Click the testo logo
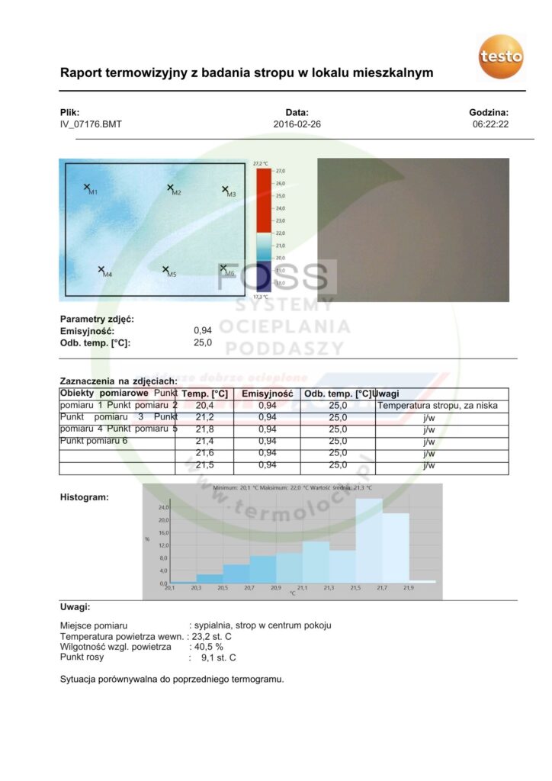(x=501, y=56)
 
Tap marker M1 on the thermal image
(x=88, y=188)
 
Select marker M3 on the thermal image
(x=226, y=190)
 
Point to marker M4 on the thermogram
(x=101, y=269)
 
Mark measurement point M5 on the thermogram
(x=166, y=269)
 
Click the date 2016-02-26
(x=297, y=124)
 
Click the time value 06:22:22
(x=490, y=124)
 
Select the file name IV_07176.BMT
(x=91, y=124)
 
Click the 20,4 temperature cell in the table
(x=204, y=406)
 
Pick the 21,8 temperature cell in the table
(x=204, y=429)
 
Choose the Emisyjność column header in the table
(x=267, y=394)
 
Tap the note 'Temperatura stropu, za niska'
(x=438, y=406)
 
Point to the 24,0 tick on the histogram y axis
(x=162, y=506)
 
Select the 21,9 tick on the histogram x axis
(x=409, y=588)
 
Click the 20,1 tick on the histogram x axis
(x=170, y=588)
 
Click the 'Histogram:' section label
(x=84, y=497)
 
